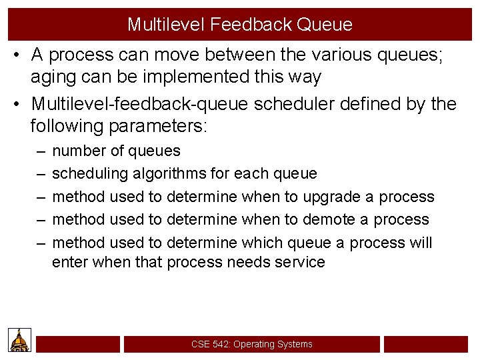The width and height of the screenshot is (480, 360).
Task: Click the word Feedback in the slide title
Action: (252, 25)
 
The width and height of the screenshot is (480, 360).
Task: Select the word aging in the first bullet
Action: (54, 77)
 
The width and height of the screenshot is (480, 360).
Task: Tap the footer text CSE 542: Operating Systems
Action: (251, 344)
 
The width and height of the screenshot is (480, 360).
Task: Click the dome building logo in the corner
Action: (19, 340)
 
